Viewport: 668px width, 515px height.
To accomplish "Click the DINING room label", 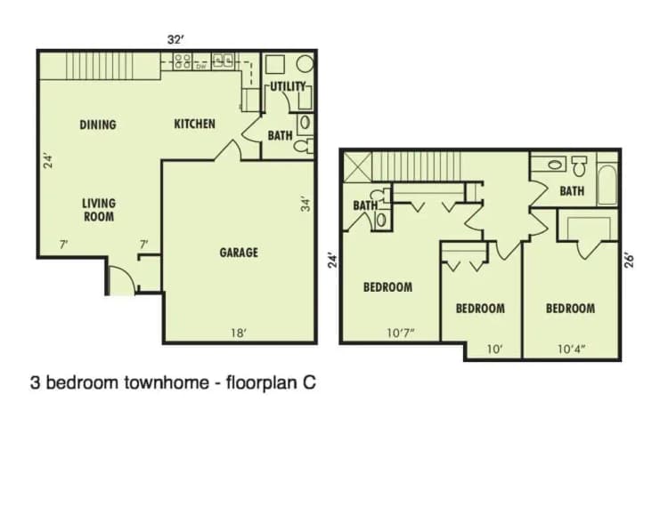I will (x=98, y=125).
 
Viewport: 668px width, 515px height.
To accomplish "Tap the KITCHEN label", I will (x=194, y=124).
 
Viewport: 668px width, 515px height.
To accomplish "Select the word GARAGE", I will (x=239, y=253).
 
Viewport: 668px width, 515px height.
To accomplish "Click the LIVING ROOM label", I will (x=99, y=210).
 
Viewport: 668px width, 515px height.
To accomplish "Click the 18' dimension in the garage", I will (x=238, y=333).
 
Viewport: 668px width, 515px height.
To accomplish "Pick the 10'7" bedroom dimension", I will (x=402, y=333).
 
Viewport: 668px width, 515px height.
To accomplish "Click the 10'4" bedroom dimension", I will (x=570, y=350).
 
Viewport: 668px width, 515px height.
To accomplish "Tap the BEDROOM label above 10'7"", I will (x=387, y=287).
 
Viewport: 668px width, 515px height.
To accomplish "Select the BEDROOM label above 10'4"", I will (x=570, y=309).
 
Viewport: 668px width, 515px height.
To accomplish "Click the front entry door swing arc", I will (x=118, y=280).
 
